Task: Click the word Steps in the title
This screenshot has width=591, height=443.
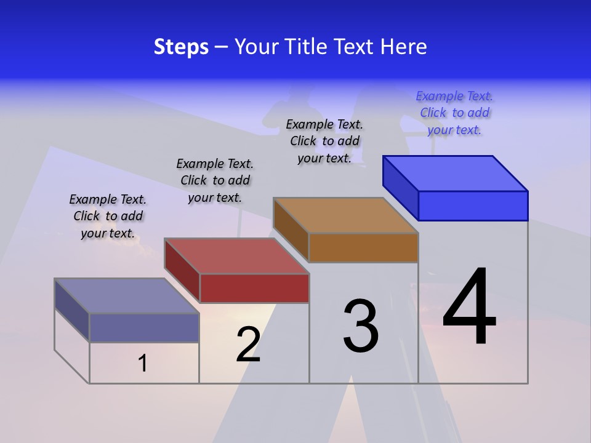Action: point(181,47)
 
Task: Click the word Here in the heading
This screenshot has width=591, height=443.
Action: point(404,47)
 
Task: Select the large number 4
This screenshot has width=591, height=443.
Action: point(469,308)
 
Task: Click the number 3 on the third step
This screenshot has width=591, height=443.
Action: point(361,326)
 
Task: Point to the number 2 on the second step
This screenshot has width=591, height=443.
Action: point(248,345)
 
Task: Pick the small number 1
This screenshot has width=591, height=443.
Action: point(143,364)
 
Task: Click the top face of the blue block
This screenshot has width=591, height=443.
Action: point(456,174)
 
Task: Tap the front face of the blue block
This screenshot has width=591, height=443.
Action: point(473,206)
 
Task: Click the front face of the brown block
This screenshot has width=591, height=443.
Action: point(363,248)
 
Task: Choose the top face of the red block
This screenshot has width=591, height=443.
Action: point(237,256)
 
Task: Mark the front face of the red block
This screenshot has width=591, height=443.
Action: point(254,288)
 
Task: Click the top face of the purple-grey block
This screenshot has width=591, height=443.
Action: point(127,296)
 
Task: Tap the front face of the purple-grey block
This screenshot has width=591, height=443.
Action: point(144,327)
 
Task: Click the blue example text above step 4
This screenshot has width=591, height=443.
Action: point(454,113)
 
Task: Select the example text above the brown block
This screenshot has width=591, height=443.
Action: point(324,141)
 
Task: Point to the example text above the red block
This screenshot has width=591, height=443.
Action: point(215,180)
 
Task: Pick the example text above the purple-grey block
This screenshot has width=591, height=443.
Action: point(108,216)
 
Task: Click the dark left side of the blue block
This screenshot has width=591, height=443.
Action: point(400,187)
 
